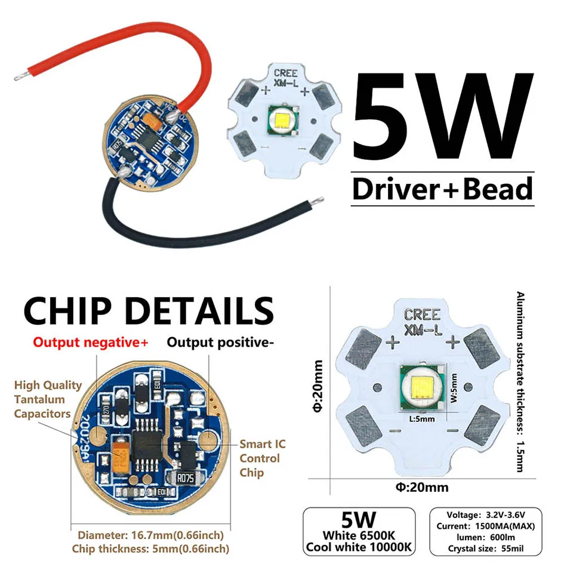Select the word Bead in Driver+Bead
(x=497, y=189)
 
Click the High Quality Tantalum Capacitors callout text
(x=47, y=399)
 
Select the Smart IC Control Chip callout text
(x=260, y=458)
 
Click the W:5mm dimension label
(x=453, y=389)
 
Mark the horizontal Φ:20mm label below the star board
(x=421, y=487)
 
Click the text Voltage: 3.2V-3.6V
(x=481, y=515)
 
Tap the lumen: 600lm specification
(x=481, y=536)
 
